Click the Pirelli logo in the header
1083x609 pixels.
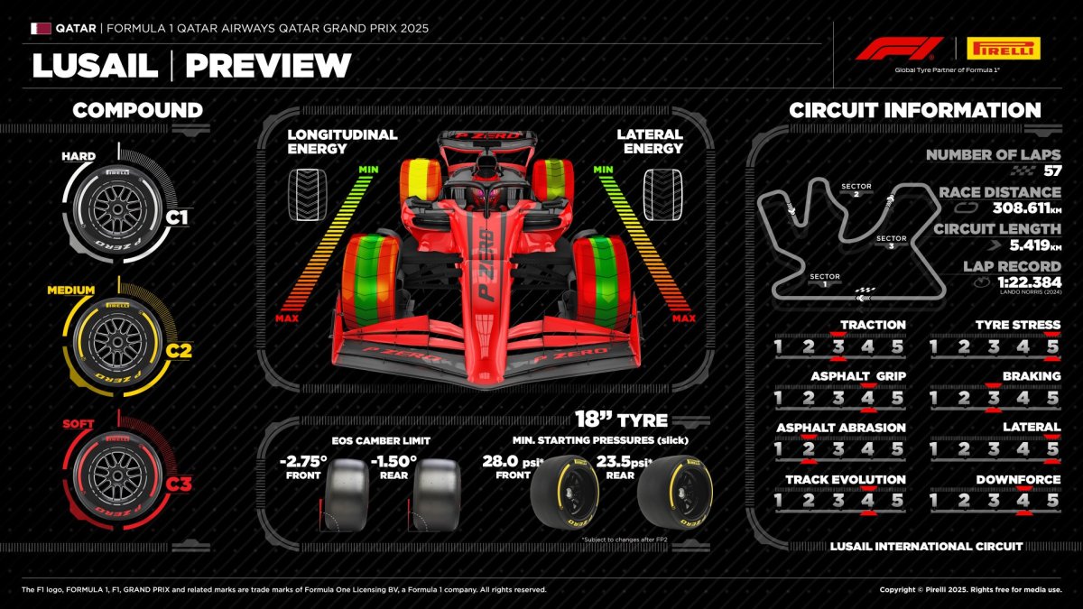coord(1003,49)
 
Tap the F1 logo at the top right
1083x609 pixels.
coord(898,49)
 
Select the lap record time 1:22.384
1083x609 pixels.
coord(1016,283)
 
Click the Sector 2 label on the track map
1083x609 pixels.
coord(856,189)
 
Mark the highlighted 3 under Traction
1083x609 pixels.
coord(838,347)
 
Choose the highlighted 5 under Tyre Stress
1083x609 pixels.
coord(1051,347)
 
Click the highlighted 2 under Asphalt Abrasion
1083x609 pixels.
coord(809,449)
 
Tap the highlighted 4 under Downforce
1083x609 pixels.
coord(1023,500)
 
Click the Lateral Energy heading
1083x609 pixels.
coord(651,142)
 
